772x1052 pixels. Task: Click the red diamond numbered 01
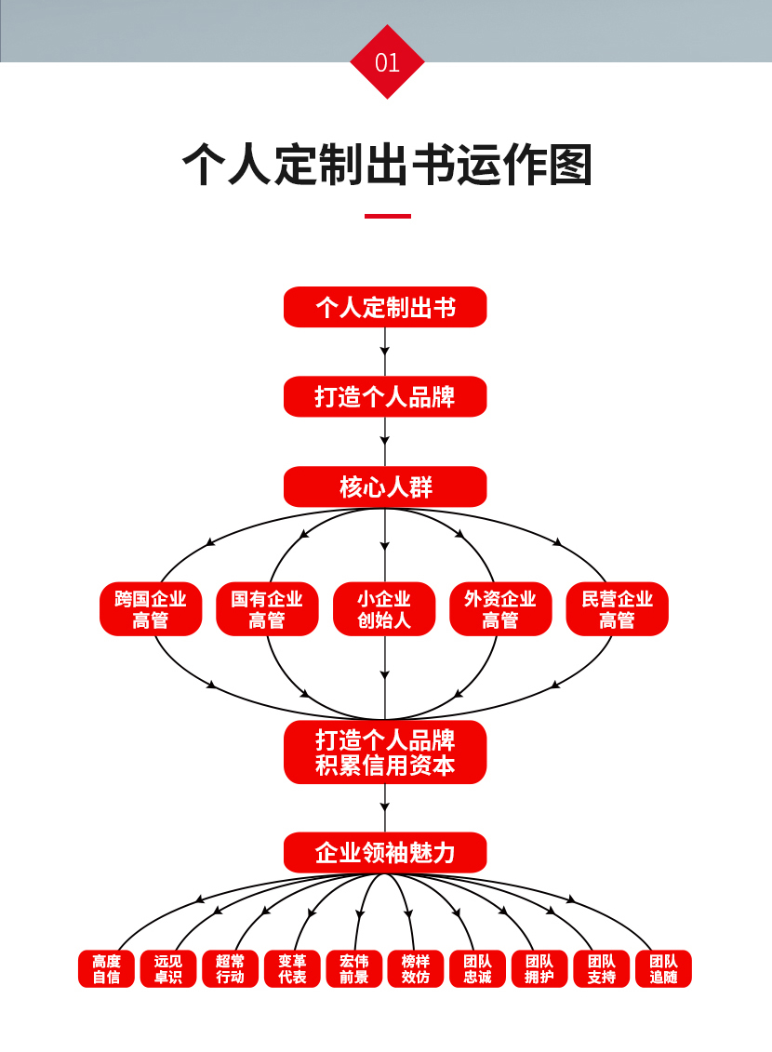coord(387,62)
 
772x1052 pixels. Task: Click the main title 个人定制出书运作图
coord(386,165)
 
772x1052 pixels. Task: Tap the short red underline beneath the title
coord(387,216)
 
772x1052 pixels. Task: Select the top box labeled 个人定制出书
coord(385,307)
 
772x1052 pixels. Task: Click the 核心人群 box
coord(385,486)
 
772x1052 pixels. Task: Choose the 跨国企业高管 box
coord(151,609)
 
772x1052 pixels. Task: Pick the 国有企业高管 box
coord(267,609)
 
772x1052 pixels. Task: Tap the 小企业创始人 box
coord(384,609)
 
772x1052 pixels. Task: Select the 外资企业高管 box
coord(500,609)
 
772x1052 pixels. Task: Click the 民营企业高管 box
coord(617,609)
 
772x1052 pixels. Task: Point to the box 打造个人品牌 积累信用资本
coord(385,752)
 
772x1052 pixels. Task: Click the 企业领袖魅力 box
coord(385,852)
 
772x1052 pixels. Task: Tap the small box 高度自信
coord(106,968)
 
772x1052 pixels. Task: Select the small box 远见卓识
coord(168,968)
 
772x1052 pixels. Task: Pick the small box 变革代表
coord(292,968)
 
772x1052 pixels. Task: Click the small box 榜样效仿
coord(416,968)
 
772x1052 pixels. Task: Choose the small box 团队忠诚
coord(477,968)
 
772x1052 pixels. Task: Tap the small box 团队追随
coord(663,968)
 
